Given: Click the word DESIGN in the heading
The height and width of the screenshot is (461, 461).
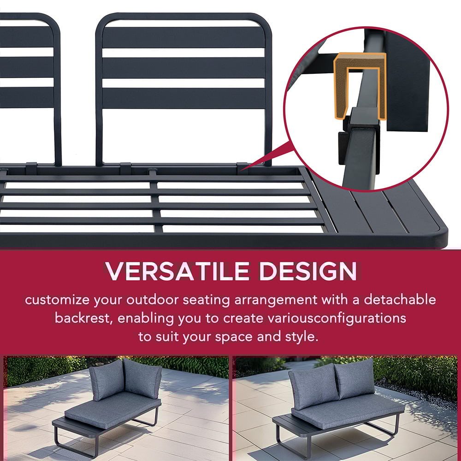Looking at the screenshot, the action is tap(308, 271).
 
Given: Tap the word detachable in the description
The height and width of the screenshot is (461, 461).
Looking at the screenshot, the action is tap(400, 300).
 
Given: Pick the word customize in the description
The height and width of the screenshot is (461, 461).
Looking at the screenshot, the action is tap(57, 300).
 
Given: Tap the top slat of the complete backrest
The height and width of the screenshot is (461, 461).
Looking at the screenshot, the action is tap(183, 37).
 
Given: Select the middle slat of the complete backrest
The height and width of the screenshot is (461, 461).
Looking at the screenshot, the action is tap(183, 68).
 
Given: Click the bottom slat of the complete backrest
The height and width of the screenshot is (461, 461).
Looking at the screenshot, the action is tap(183, 98).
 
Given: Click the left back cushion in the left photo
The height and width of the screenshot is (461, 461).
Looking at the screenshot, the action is tap(106, 379).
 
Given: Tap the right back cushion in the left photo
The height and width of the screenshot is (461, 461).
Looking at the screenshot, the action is tap(142, 378).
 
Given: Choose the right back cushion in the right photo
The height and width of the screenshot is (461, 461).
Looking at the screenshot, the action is tap(355, 378).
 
